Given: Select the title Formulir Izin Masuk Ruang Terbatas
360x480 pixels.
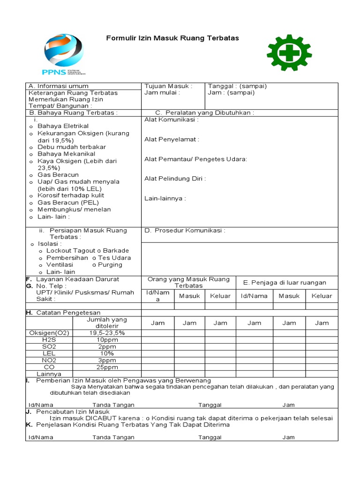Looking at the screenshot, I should click(x=172, y=38).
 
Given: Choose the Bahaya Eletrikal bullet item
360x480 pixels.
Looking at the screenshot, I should click(x=63, y=126).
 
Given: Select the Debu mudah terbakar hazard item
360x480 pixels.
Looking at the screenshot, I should click(x=71, y=147).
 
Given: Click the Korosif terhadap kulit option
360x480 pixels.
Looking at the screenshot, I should click(x=71, y=195).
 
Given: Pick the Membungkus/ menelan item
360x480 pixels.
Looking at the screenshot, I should click(x=74, y=210).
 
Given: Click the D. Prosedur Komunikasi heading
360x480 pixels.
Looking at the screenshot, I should click(x=185, y=231).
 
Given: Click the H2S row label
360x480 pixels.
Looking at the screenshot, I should click(x=49, y=339).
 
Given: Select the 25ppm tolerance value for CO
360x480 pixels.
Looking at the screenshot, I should click(x=107, y=367).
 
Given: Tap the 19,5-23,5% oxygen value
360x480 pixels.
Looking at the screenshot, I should click(x=107, y=333).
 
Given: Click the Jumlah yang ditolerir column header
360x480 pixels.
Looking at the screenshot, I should click(x=107, y=322).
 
